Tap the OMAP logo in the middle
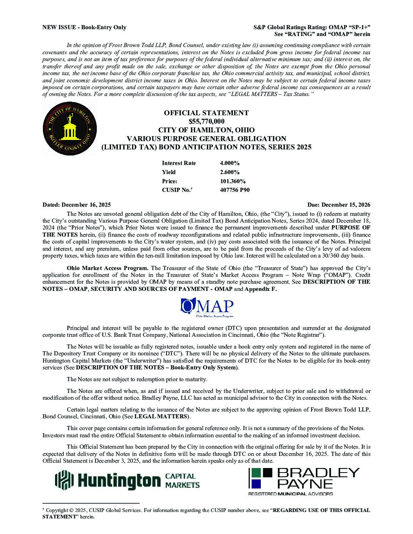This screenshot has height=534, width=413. pos(207,308)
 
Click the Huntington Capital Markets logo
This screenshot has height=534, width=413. pos(128,480)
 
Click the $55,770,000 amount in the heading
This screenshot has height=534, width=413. pos(206,121)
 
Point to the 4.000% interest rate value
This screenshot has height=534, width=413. pos(230,163)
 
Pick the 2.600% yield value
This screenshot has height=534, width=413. pos(230,172)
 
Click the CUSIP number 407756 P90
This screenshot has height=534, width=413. pos(235,190)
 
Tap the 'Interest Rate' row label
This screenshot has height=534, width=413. pos(179,163)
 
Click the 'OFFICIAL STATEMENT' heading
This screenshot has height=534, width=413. pos(206,113)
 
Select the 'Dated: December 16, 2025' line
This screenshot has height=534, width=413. pos(77,205)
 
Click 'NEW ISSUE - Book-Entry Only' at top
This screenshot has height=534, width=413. pos(84,27)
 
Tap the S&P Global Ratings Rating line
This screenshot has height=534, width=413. pos(312,27)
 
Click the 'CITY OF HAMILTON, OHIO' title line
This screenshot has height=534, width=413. pos(206,130)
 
